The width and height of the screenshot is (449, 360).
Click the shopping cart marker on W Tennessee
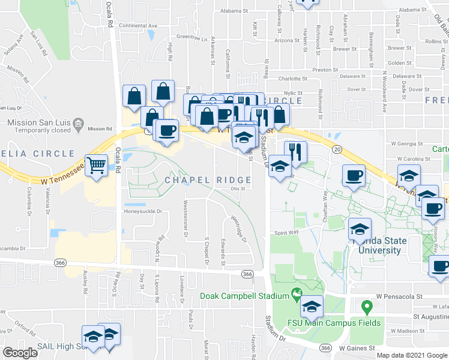click(96, 165)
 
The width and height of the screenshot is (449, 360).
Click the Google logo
click(20, 353)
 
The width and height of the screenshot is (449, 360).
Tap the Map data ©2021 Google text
click(411, 355)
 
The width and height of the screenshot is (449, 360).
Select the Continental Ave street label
click(138, 26)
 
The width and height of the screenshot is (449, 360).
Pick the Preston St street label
click(325, 70)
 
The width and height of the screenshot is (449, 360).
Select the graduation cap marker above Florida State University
click(360, 229)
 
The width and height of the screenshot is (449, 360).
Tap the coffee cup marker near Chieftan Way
click(354, 176)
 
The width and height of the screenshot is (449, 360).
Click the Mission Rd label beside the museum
click(100, 128)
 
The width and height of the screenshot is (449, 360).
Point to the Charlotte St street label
click(292, 78)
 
